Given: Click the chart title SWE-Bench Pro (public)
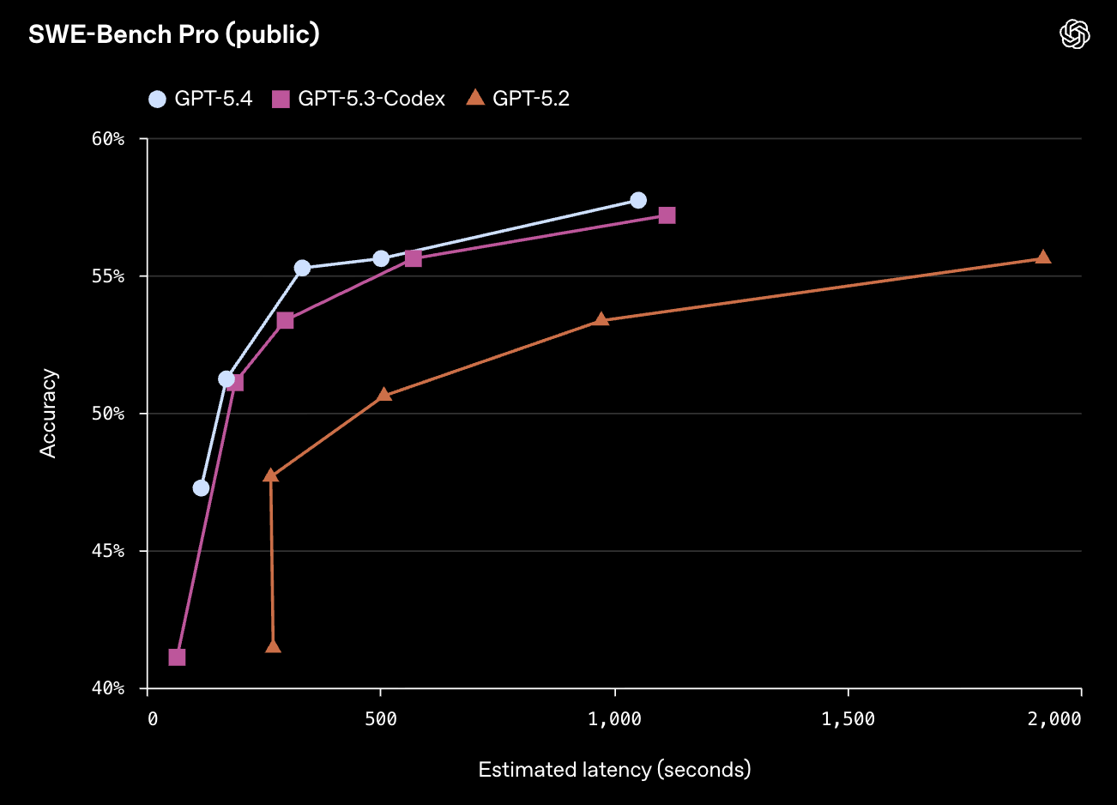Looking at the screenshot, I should [174, 34].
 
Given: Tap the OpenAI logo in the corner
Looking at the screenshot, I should [1075, 34].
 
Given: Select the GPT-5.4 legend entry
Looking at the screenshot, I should [201, 99].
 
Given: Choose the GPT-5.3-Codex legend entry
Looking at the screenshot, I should [359, 99].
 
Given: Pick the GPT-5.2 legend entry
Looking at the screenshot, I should [518, 99].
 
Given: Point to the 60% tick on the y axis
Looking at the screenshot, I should [108, 139].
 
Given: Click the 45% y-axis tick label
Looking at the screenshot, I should [108, 551].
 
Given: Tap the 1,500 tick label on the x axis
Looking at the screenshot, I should [848, 719].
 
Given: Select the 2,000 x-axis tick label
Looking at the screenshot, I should [1054, 719].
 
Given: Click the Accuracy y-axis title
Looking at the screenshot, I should [48, 413].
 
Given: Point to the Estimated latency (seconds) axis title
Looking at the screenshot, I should [614, 770].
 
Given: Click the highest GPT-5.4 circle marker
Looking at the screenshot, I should [638, 200].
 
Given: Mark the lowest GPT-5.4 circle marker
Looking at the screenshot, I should [201, 488].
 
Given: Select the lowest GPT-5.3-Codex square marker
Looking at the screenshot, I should [177, 657].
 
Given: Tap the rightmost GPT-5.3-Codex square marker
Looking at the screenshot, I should [667, 215].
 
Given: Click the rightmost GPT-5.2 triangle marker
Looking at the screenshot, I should [1043, 257].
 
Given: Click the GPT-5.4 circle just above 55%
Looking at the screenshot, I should [302, 269].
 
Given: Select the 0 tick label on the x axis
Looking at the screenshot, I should [153, 719].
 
